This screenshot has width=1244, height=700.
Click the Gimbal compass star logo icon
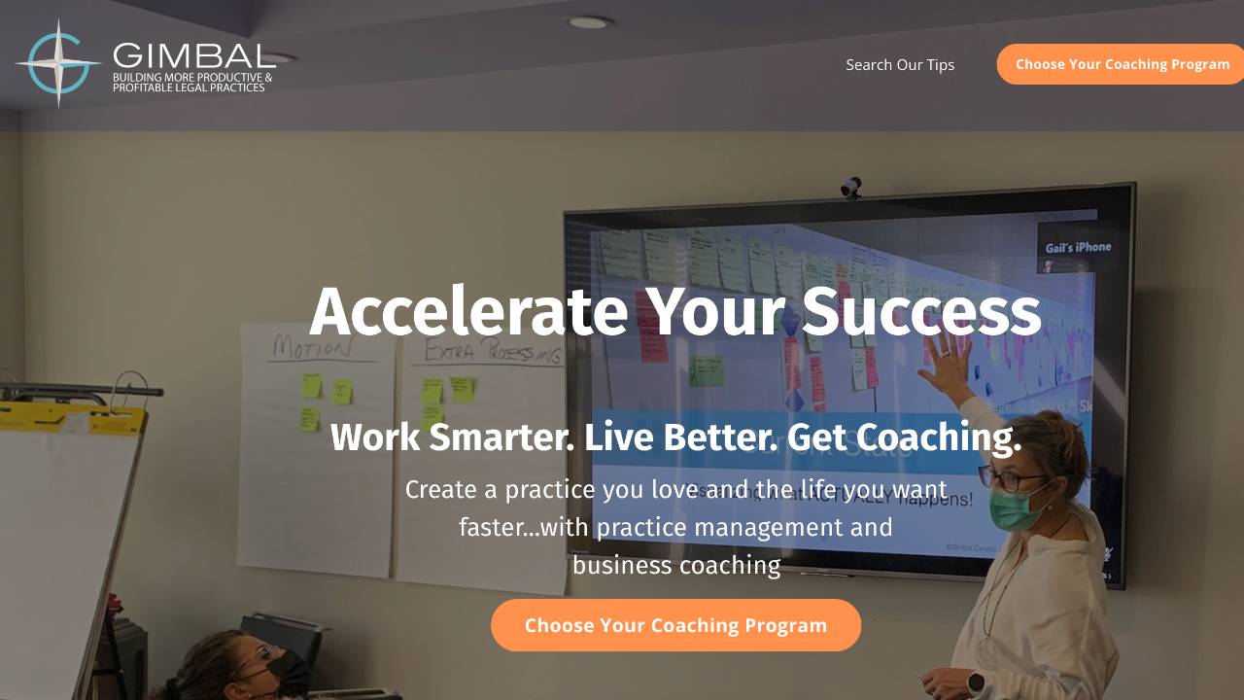(x=58, y=63)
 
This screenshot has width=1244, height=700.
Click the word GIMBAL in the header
(x=193, y=55)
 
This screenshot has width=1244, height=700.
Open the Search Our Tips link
(x=900, y=64)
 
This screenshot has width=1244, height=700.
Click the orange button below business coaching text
(x=675, y=625)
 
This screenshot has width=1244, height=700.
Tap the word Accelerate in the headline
(x=467, y=312)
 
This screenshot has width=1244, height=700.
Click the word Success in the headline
(x=920, y=312)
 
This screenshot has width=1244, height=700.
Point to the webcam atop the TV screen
(x=851, y=187)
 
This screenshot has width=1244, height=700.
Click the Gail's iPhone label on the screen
(x=1078, y=247)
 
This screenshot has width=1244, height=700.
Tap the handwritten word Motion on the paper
(x=311, y=347)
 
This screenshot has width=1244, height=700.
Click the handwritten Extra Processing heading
(x=493, y=352)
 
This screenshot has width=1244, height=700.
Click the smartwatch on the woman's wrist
(x=976, y=682)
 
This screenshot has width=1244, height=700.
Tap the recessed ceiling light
(x=588, y=22)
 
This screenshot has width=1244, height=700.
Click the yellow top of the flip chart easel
(x=73, y=418)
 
